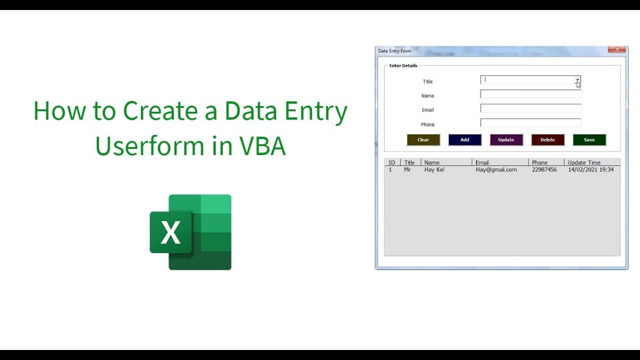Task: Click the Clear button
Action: click(x=423, y=140)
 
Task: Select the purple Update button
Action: click(x=506, y=140)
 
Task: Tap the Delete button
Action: click(x=547, y=140)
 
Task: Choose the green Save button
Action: click(x=589, y=140)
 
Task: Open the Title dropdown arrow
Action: click(x=577, y=80)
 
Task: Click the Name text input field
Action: click(x=530, y=94)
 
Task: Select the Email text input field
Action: click(x=530, y=108)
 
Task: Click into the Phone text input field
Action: click(x=530, y=123)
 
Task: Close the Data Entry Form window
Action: click(x=616, y=49)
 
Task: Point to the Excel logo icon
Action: click(x=190, y=232)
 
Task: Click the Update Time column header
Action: click(x=584, y=162)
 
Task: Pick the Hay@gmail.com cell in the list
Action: click(x=496, y=170)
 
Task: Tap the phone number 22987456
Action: click(x=544, y=170)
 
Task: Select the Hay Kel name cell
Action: click(x=434, y=170)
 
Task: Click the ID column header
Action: click(x=392, y=162)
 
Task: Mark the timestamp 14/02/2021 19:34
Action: click(x=590, y=170)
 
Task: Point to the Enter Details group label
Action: click(x=403, y=66)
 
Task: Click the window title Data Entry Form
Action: click(x=394, y=51)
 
